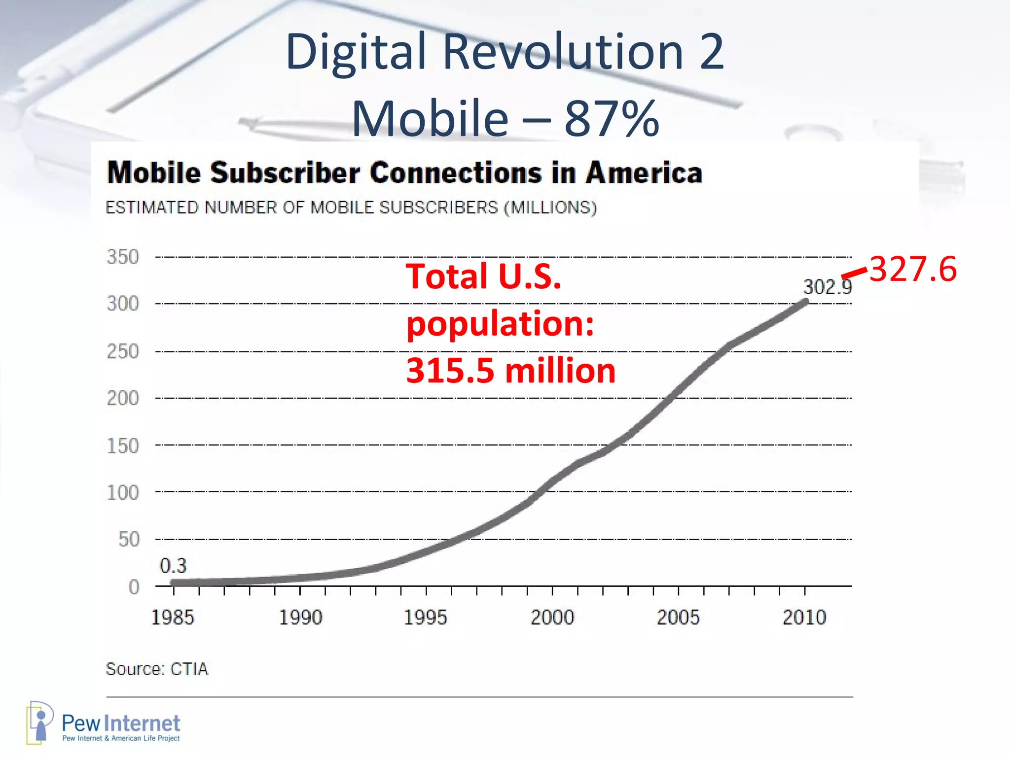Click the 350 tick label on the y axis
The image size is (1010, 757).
[x=123, y=257]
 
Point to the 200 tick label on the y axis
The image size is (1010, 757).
[x=123, y=398]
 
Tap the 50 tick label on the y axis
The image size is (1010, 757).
[x=129, y=540]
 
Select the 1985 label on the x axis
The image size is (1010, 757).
[x=173, y=618]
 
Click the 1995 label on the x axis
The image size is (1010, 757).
[x=425, y=618]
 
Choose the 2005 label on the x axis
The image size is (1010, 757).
[x=678, y=618]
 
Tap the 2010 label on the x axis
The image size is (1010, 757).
[x=804, y=618]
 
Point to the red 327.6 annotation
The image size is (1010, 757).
[x=913, y=270]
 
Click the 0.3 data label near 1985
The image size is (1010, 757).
[x=173, y=566]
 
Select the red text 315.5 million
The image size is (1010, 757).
[x=510, y=371]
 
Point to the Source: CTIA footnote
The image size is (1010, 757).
[x=157, y=669]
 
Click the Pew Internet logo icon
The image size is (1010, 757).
[x=39, y=723]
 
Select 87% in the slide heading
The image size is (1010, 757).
[x=612, y=119]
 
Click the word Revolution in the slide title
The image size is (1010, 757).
[x=562, y=51]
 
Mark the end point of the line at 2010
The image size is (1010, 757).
[x=806, y=302]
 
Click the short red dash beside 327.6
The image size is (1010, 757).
[x=854, y=273]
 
